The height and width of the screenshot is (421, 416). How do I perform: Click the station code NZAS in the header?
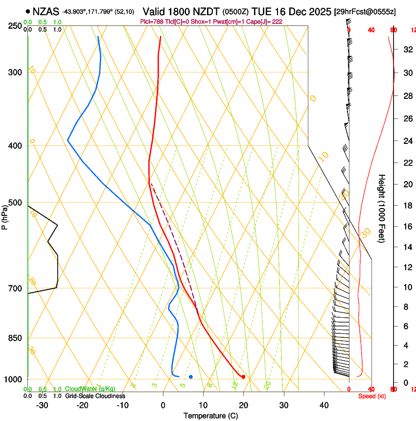click(x=46, y=11)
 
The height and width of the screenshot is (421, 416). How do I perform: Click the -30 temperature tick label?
click(x=42, y=405)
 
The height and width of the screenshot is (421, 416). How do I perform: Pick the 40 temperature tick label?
click(x=324, y=405)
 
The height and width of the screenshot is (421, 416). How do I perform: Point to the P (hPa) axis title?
click(x=5, y=215)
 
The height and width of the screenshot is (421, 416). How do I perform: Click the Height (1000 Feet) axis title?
click(x=382, y=209)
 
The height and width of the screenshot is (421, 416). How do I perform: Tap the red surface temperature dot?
click(x=243, y=376)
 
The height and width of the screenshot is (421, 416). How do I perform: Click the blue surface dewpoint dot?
click(x=191, y=376)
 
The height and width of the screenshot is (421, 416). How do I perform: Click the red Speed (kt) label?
click(x=372, y=396)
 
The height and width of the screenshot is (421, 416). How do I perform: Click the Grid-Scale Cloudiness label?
click(x=95, y=396)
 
